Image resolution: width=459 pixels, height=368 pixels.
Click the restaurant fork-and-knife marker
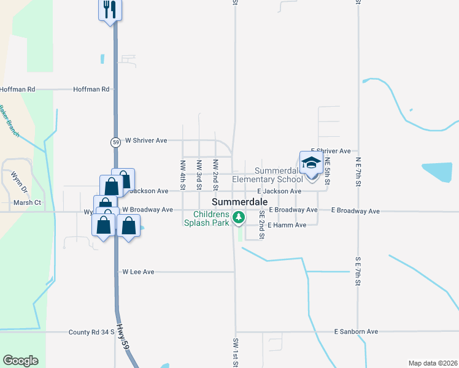[110, 10]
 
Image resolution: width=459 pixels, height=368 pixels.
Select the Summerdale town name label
[240, 202]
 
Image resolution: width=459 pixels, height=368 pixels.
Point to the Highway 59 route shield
[115, 142]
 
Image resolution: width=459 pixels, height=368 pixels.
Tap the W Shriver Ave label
[146, 140]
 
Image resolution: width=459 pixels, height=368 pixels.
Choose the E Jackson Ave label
[279, 191]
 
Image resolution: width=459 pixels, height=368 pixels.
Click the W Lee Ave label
[138, 271]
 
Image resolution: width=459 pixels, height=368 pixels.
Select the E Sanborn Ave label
[356, 331]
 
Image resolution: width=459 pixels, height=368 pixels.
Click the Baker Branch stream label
[10, 121]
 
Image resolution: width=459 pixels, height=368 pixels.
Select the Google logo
[20, 361]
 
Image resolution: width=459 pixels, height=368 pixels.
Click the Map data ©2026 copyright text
[433, 363]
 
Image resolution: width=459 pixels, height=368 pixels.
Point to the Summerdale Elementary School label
[268, 175]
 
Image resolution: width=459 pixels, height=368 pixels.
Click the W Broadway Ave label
[147, 209]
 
